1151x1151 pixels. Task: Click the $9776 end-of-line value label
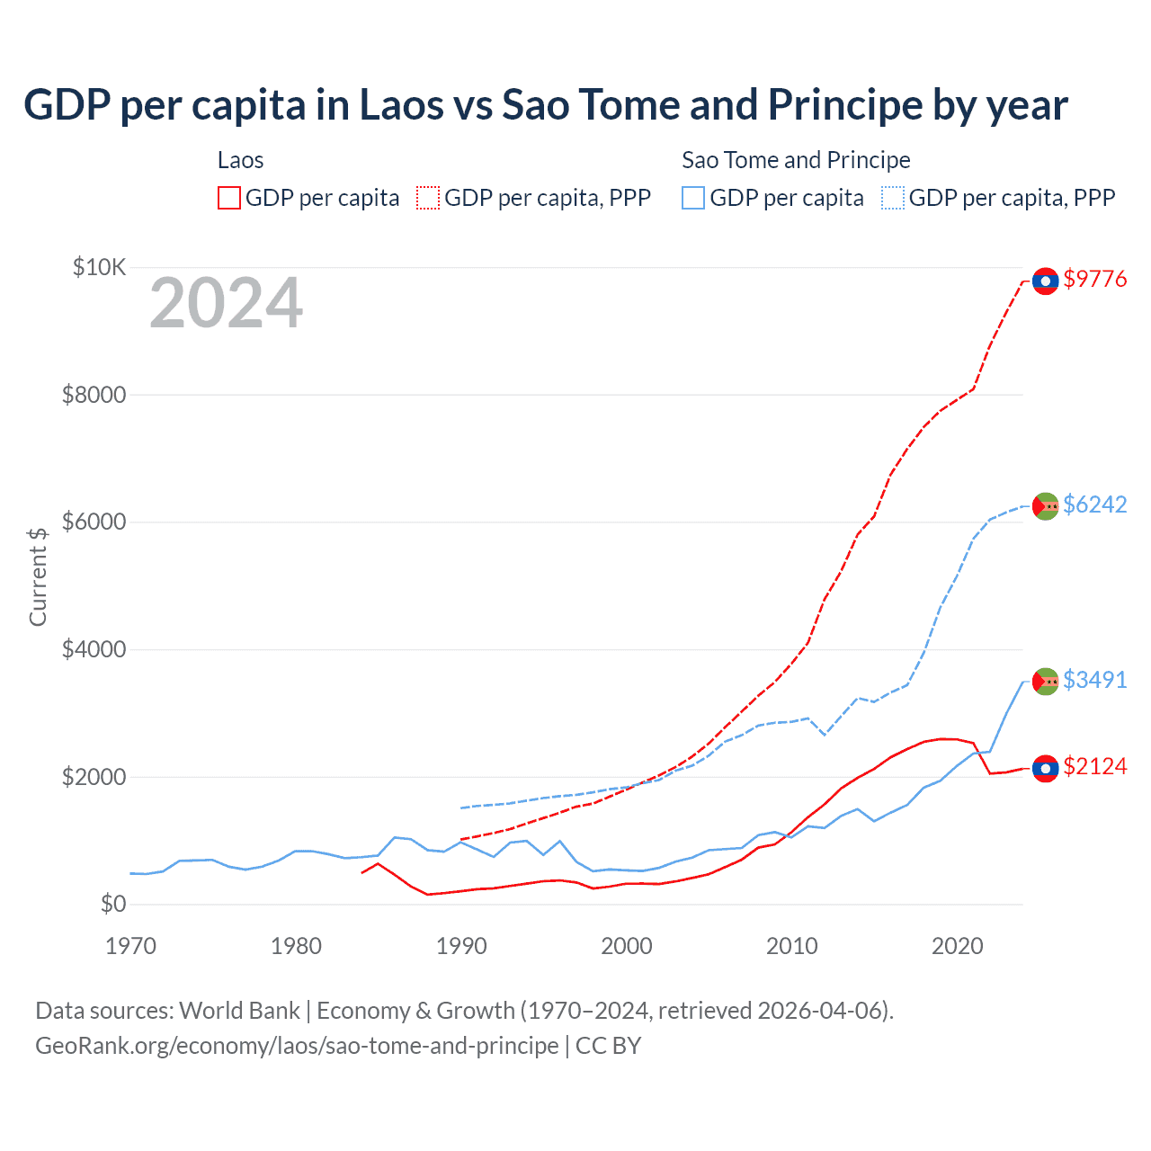point(1094,280)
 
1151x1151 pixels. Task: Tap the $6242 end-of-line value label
point(1094,505)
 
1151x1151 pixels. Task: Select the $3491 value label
point(1094,681)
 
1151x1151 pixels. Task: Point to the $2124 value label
point(1094,767)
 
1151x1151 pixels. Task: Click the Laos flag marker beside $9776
point(1045,281)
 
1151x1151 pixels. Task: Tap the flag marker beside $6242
point(1045,506)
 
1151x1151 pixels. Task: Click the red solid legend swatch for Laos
point(229,198)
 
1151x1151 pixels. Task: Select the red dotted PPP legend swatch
point(428,198)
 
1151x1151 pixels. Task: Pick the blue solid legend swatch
point(693,198)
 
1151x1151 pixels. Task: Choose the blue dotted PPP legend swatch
point(893,198)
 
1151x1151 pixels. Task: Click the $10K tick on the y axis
point(100,268)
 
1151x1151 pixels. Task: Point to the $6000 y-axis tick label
point(94,522)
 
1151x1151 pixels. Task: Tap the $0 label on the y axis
point(112,905)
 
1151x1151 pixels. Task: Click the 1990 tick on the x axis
point(461,946)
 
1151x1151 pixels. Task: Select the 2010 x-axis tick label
point(792,946)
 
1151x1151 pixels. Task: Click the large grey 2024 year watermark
point(227,304)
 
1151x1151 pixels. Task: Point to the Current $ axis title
point(38,576)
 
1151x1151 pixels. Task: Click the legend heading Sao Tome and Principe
point(796,161)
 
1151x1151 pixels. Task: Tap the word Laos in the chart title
point(401,105)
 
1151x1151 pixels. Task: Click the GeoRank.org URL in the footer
point(297,1046)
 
